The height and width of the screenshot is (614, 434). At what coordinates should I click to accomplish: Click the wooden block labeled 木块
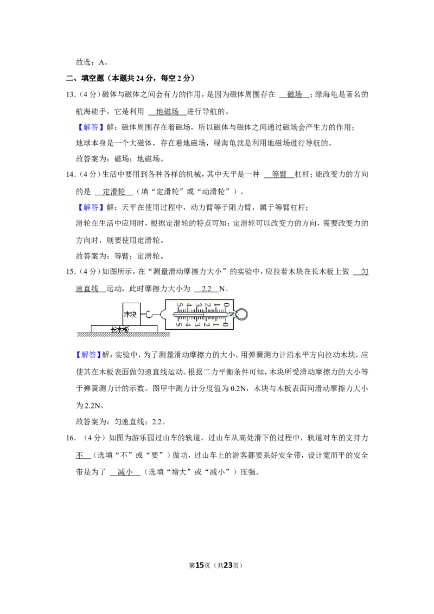coord(131,314)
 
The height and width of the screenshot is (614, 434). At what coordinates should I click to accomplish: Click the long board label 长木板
coord(119,330)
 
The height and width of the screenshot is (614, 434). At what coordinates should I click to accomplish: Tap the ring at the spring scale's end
coord(241,314)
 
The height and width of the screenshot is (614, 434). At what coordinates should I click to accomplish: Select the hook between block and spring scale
coord(149,314)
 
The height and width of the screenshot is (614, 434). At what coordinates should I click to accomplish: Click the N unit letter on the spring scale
coord(232,314)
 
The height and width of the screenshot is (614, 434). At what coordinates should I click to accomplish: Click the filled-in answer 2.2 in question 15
coord(207,289)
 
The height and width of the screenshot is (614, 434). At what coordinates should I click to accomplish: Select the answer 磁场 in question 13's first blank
coord(295,94)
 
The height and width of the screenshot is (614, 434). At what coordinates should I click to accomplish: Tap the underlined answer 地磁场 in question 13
coord(167,112)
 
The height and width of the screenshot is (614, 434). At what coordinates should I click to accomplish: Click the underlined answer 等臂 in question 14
coord(279,174)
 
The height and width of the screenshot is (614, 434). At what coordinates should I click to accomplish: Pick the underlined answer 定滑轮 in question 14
coord(113,191)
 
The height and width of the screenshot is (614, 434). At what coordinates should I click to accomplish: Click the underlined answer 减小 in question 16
coord(125,472)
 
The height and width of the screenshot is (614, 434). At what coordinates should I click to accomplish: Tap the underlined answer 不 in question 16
coord(80,456)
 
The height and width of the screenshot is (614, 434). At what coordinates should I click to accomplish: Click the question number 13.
coord(70,94)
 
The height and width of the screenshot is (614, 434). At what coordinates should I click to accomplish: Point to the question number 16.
coord(70,438)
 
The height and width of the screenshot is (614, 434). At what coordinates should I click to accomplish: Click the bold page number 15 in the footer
coord(200,565)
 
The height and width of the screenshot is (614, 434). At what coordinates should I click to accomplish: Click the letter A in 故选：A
coord(101,62)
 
